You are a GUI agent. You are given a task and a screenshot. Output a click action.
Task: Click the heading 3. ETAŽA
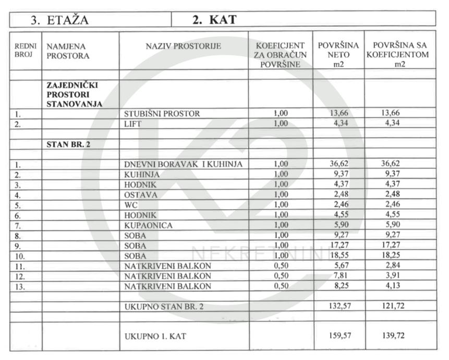pyautogui.click(x=59, y=20)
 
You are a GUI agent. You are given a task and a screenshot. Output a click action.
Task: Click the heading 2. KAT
pyautogui.click(x=214, y=20)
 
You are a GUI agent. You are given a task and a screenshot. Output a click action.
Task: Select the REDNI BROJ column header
pyautogui.click(x=25, y=51)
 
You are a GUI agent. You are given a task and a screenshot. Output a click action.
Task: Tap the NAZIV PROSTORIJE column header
pyautogui.click(x=184, y=46)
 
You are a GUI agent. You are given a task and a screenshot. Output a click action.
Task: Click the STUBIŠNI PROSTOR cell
pyautogui.click(x=162, y=113)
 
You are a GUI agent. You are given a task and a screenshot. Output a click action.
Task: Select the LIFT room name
pyautogui.click(x=133, y=124)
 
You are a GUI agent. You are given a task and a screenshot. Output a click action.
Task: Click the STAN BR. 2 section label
pyautogui.click(x=68, y=144)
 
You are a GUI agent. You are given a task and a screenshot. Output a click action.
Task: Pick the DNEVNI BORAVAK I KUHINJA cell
pyautogui.click(x=184, y=164)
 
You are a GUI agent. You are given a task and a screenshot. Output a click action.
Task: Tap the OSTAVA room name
pyautogui.click(x=141, y=195)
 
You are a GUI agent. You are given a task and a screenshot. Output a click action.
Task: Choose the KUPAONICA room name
pyautogui.click(x=148, y=225)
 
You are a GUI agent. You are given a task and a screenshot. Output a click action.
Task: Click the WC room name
pyautogui.click(x=131, y=205)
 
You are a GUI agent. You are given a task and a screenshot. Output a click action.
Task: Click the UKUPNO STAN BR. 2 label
pyautogui.click(x=164, y=307)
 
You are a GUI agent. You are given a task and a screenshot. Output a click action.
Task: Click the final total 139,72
pyautogui.click(x=393, y=336)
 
